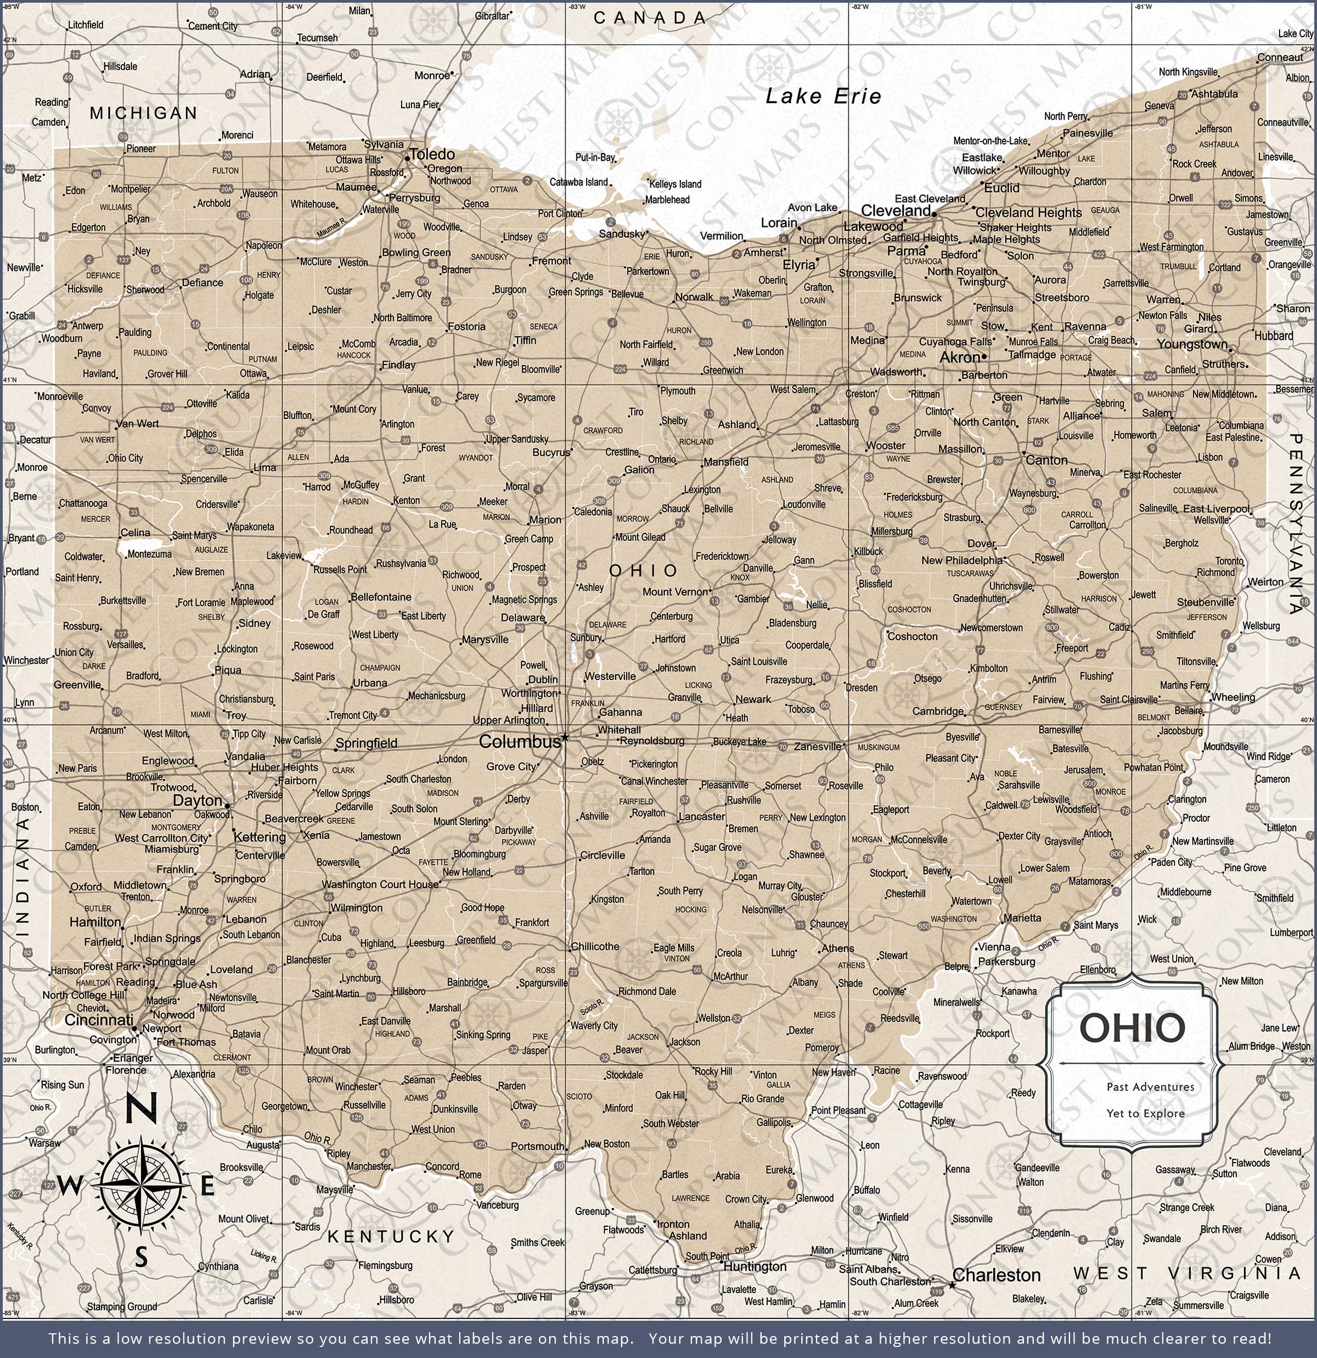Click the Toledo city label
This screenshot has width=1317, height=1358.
tap(432, 154)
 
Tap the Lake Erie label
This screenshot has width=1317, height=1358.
tap(823, 96)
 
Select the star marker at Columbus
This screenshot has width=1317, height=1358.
tap(565, 737)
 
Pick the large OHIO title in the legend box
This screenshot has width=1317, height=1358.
tap(1132, 1028)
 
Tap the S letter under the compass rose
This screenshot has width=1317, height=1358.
tap(142, 1258)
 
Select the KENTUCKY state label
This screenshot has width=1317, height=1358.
tap(391, 1236)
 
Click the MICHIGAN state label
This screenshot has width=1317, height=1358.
tap(143, 113)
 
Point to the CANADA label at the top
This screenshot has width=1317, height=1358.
tap(650, 19)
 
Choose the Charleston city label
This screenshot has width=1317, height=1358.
tap(996, 1275)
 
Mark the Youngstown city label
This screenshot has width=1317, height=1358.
tap(1191, 344)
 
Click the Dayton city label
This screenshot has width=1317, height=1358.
tap(198, 801)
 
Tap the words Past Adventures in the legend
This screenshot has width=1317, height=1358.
tap(1150, 1087)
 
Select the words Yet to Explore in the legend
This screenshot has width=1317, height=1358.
tap(1145, 1113)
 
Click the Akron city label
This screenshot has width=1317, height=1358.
tap(960, 357)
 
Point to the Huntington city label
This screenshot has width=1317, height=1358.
tap(755, 1266)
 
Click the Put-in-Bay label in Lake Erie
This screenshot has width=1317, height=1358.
tap(595, 158)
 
